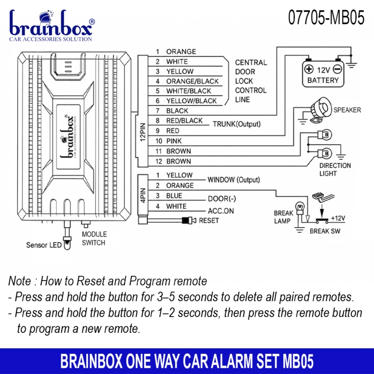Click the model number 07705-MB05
point(326,17)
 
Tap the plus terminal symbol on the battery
point(309,69)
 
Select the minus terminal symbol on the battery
point(338,69)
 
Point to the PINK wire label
point(174,141)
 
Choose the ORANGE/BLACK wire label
point(192,81)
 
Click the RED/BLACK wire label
point(184,121)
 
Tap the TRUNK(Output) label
point(237,124)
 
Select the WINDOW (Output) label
point(234,180)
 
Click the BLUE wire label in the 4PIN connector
point(174,195)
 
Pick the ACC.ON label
point(221,211)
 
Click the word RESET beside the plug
point(209,220)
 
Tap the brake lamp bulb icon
point(300,207)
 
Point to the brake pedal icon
point(323,196)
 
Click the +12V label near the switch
point(338,218)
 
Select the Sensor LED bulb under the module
point(67,243)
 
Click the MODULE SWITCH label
point(94,238)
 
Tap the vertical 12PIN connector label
point(143,132)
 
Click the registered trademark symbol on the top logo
point(92,22)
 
